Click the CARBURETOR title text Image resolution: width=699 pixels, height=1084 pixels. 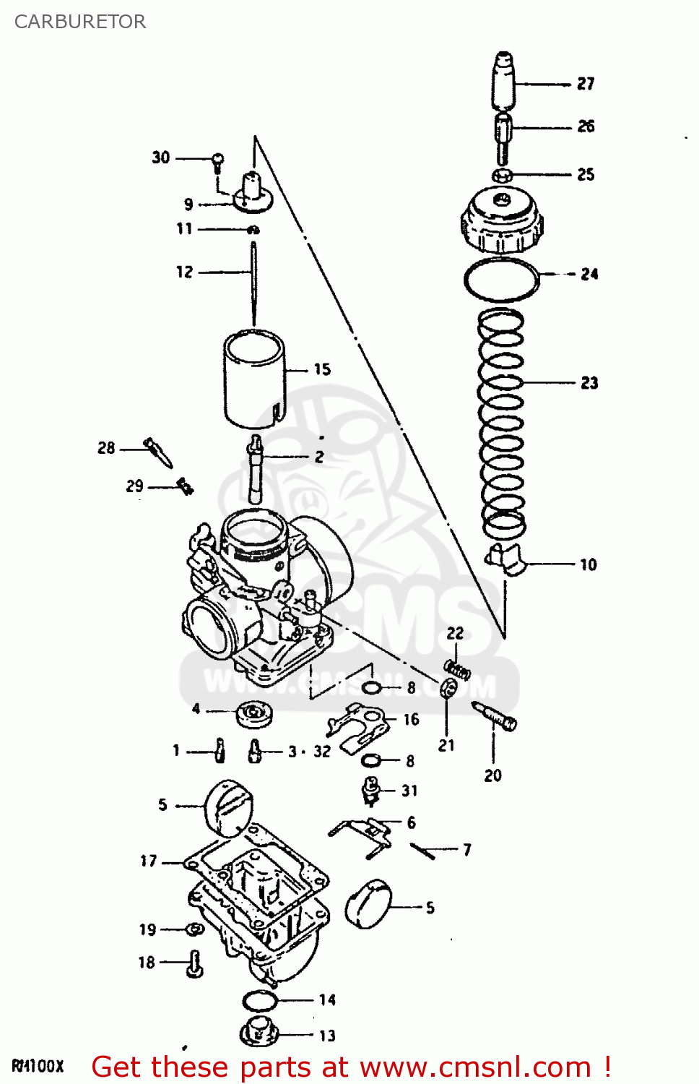coord(80,22)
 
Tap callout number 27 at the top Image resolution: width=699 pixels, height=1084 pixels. coord(586,84)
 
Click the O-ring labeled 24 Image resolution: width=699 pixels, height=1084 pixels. coord(501,279)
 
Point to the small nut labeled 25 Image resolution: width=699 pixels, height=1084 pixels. coord(503,175)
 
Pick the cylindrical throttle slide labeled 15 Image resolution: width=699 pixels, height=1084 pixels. coord(253,379)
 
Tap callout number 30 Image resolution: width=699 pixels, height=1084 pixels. coord(161,158)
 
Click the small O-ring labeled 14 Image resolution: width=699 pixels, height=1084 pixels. coord(260,1001)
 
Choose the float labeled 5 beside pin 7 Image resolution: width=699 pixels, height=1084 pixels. coord(369,903)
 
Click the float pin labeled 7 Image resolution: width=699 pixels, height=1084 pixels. coord(422,851)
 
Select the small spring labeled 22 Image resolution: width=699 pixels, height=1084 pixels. coord(457,670)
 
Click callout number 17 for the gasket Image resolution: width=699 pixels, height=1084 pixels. coord(148,861)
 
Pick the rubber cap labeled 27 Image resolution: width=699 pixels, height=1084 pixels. coord(504,79)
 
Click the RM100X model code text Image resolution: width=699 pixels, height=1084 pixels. coord(38,1066)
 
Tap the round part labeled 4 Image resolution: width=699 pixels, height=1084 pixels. coord(254,714)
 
